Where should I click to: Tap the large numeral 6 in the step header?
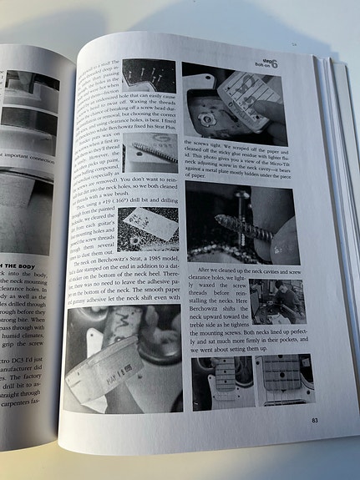click(285, 63)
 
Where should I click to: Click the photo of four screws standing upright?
click(150, 83)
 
